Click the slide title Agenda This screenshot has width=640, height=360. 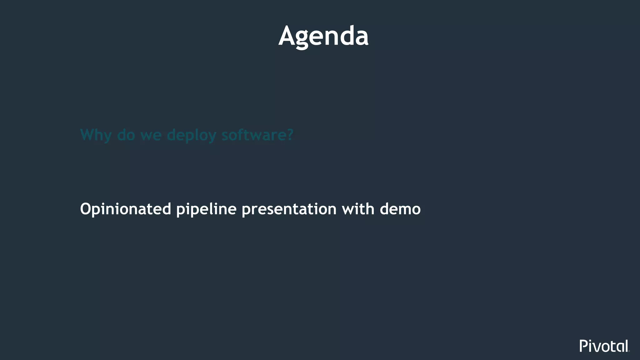pos(323,36)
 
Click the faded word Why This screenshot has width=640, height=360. pos(96,135)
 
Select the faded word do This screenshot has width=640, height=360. pos(126,135)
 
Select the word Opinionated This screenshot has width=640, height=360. pos(126,209)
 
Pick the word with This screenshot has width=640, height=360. pos(358,209)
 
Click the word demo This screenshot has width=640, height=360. pos(400,209)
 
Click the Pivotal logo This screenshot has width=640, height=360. pos(604,346)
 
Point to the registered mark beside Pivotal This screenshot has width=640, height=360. pos(629,351)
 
